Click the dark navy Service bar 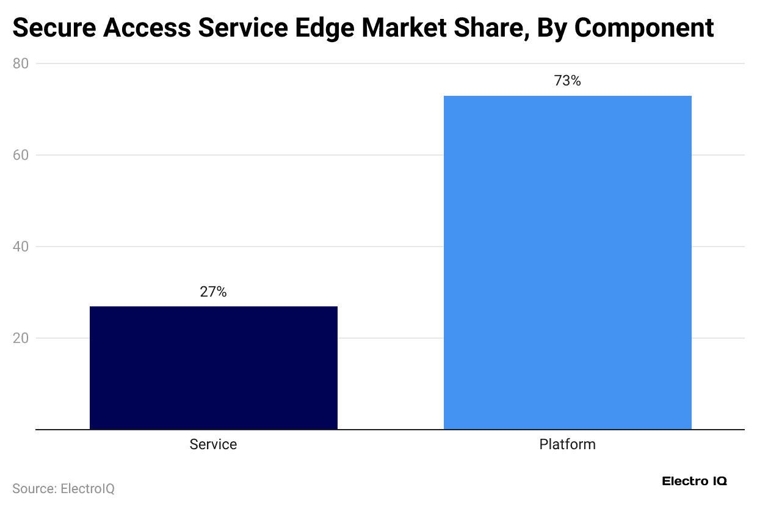click(x=213, y=367)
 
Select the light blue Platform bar click(x=567, y=262)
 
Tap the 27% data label click(x=213, y=292)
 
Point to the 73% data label click(x=567, y=81)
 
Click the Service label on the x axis click(x=213, y=444)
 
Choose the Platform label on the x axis click(x=567, y=444)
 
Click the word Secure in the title click(x=51, y=28)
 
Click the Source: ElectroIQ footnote click(x=63, y=489)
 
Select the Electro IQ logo click(x=694, y=482)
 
